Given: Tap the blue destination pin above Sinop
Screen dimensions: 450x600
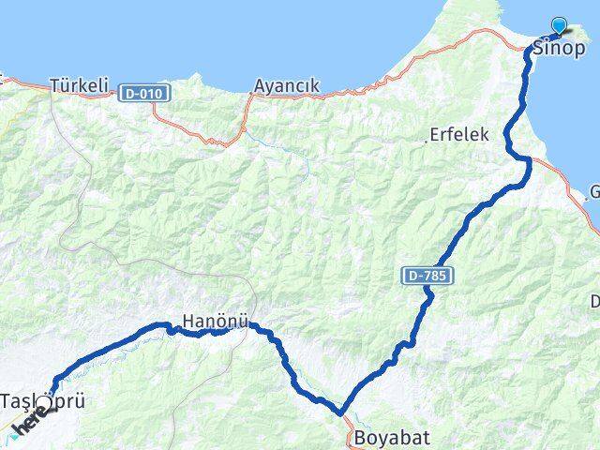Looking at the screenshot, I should point(560,26).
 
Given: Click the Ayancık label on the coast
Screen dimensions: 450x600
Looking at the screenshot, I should point(287,85).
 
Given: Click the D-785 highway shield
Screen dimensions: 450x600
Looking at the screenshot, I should point(430,276).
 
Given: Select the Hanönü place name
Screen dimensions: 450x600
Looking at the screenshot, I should point(216,320).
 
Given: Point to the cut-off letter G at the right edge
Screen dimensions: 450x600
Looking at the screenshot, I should point(594,194).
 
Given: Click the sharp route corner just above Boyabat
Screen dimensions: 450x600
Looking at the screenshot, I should point(342,411).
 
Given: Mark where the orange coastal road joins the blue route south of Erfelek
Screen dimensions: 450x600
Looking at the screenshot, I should point(530,161).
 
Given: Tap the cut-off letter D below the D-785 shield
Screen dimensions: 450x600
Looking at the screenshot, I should point(595,301).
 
